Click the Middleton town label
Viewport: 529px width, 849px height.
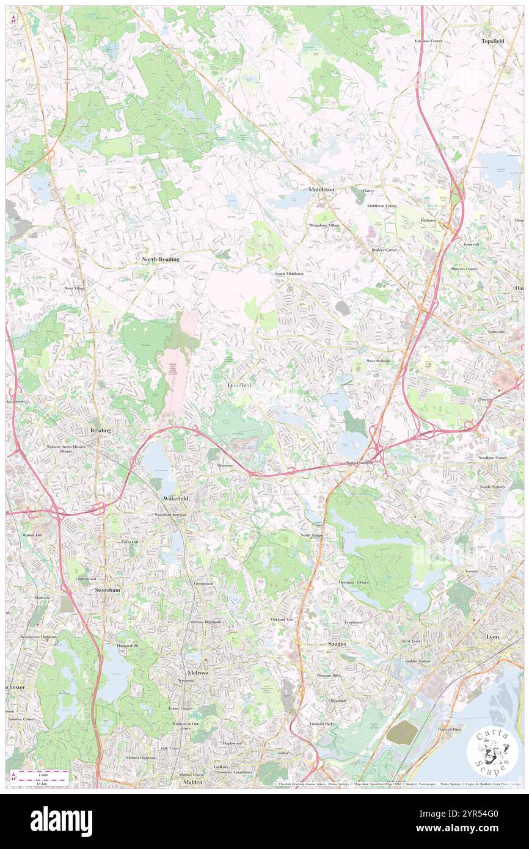pos(321,190)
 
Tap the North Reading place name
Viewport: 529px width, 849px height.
pos(161,260)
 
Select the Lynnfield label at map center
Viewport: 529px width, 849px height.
pos(238,385)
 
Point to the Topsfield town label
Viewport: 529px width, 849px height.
pos(494,41)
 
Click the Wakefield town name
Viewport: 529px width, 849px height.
pos(175,499)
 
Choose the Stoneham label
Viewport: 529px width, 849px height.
pos(108,591)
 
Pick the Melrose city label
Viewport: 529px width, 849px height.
pos(198,672)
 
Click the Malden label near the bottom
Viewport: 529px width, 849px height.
pos(193,782)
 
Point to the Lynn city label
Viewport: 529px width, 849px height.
pos(492,636)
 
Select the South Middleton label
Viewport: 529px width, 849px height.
pos(289,274)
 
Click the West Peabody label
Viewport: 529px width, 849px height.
pos(378,361)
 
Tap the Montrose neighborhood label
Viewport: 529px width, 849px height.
pos(225,465)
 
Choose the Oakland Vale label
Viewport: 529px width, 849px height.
pos(282,619)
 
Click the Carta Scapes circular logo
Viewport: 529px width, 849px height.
pos(492,752)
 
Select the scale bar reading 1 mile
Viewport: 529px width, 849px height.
pos(43,772)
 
